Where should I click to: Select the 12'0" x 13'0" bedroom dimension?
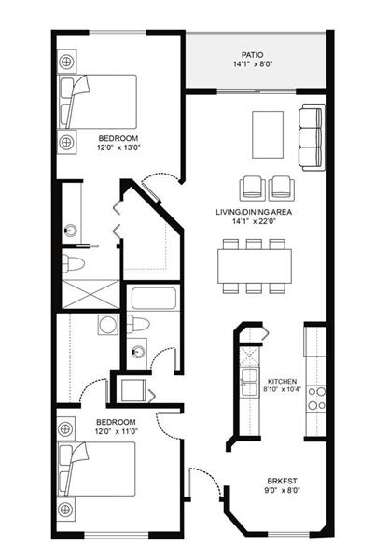(x=118, y=147)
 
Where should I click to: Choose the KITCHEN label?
(x=282, y=382)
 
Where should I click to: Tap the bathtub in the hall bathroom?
(x=148, y=301)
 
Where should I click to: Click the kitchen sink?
(x=248, y=377)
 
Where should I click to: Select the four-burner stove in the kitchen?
(x=315, y=399)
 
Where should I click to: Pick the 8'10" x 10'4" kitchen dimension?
(x=282, y=391)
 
